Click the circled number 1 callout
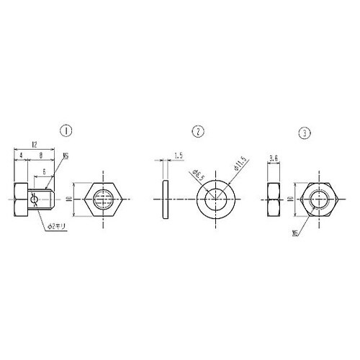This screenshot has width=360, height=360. point(67,132)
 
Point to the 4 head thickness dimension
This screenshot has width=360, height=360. point(22,154)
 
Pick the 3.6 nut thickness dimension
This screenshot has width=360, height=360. point(274,158)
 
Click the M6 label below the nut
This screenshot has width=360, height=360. point(296,233)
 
